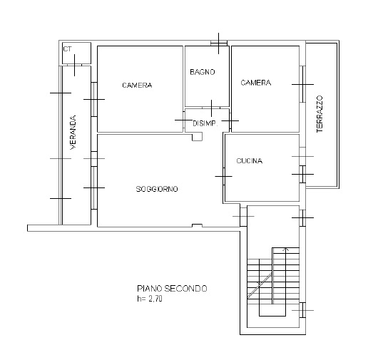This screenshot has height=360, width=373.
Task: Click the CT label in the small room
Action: pos(67,49)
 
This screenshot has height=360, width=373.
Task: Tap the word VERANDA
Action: pos(73,132)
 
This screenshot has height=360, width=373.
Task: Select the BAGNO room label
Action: pos(203,72)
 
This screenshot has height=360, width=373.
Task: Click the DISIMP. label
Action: pos(205,123)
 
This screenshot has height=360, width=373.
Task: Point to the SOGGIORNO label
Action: pos(157,189)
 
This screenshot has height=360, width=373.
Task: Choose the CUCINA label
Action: pos(250,161)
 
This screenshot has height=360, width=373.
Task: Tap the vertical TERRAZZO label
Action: pos(320,114)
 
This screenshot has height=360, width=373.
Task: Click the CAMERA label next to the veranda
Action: pos(137,85)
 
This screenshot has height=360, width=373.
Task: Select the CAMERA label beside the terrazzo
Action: pos(256,83)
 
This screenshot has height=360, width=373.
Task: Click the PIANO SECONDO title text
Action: pos(172,289)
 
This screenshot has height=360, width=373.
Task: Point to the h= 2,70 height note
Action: pos(150,299)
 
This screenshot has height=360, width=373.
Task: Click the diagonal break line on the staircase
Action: pos(260,285)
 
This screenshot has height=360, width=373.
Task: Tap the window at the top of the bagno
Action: pos(219,43)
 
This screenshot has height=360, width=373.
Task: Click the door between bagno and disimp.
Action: pos(211,108)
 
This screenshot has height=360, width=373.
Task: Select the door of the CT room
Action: pos(74,65)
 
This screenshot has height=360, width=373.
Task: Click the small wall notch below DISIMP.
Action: pos(198,137)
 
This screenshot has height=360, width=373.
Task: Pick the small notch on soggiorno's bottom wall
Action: pos(197,225)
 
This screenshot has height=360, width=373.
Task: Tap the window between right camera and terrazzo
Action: pos(302,84)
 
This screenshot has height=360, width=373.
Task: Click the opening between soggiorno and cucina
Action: pos(224,176)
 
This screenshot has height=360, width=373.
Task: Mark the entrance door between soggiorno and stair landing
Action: pos(243,217)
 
